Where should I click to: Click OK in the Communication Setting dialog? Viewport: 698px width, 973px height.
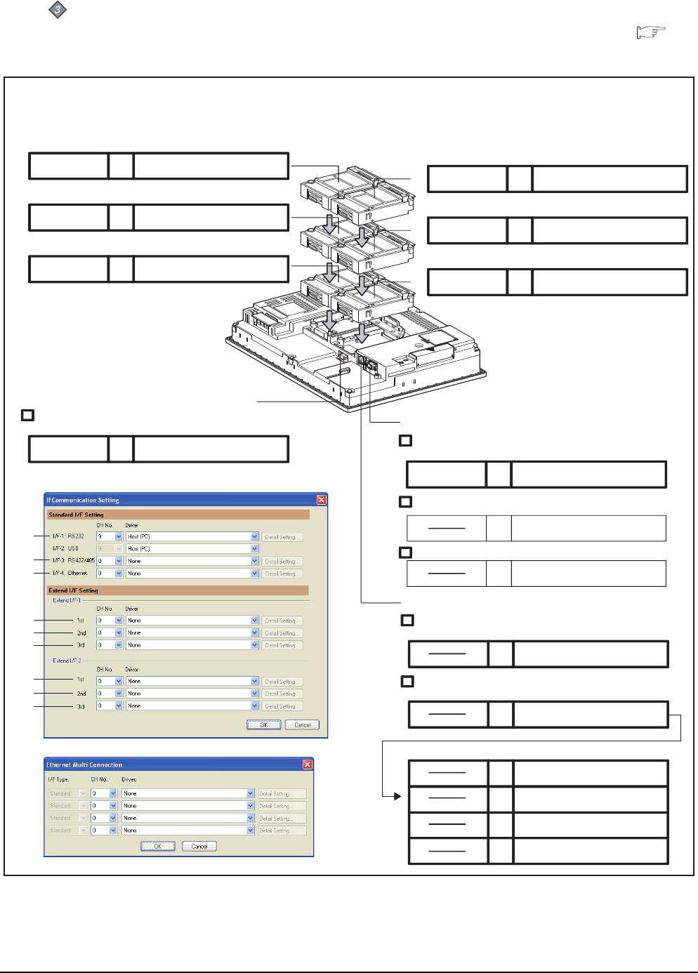(263, 724)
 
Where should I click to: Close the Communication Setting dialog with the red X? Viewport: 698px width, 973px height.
(321, 500)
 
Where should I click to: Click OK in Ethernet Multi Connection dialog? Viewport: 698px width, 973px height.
(157, 846)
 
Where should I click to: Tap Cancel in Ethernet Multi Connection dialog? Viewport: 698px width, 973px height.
(199, 846)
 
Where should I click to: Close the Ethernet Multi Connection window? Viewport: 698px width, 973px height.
(307, 764)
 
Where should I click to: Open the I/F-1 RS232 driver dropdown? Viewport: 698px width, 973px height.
(254, 536)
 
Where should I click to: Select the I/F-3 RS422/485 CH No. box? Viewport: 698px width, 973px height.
(109, 561)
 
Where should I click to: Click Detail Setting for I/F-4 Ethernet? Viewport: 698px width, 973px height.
(283, 574)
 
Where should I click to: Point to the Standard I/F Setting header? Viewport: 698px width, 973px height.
(76, 515)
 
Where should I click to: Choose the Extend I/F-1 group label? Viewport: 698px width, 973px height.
(67, 600)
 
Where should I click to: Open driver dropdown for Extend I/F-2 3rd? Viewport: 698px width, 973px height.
(254, 706)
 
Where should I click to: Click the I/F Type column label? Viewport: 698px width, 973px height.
(58, 779)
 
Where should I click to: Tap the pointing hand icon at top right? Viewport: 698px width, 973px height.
(650, 32)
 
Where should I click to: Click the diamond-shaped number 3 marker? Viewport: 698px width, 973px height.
(58, 10)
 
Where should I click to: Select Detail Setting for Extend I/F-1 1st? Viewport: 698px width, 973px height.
(283, 621)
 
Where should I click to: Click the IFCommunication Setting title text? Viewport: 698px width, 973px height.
(83, 500)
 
